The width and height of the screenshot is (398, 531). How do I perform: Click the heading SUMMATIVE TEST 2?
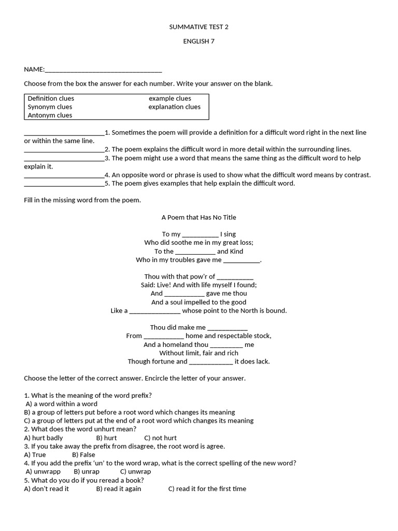click(x=198, y=27)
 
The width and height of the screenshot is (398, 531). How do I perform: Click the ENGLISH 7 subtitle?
click(x=198, y=42)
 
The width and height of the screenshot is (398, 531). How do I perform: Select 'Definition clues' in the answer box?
click(x=51, y=99)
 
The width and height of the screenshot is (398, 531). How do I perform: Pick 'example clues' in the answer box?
click(x=169, y=99)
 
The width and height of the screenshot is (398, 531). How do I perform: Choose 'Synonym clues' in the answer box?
click(x=50, y=107)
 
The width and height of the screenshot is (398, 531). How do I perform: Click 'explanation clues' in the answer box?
click(x=174, y=107)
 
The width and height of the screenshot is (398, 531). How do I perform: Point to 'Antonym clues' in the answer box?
click(x=50, y=115)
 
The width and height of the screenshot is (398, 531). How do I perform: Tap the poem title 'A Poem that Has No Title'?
click(x=198, y=217)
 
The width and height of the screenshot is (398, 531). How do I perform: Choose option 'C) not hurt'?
click(x=160, y=438)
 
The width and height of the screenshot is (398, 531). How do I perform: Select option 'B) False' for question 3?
click(x=83, y=455)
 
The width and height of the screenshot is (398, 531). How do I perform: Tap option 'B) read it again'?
click(x=118, y=489)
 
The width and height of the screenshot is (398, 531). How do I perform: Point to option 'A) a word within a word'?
click(x=61, y=404)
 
